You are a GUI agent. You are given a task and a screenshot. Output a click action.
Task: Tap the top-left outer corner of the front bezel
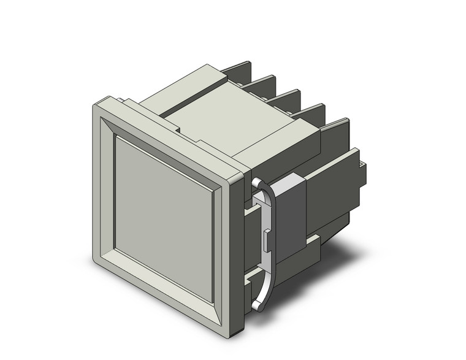(x=93, y=104)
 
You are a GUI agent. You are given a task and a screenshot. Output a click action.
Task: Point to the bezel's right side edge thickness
(x=239, y=245)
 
